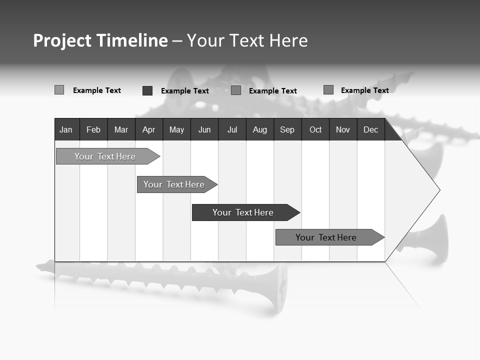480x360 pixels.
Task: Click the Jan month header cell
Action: [x=66, y=130]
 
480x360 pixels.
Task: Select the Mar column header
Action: [x=121, y=130]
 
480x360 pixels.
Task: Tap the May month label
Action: [x=176, y=130]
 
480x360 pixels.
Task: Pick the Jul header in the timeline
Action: [x=232, y=130]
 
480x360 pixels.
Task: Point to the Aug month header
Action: [x=259, y=130]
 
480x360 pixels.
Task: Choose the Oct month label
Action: [x=315, y=130]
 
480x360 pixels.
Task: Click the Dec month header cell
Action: [x=370, y=130]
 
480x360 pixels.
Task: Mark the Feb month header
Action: [x=93, y=130]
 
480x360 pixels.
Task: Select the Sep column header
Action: [x=287, y=130]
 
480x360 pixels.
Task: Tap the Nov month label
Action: [x=343, y=130]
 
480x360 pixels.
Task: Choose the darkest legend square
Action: [x=147, y=90]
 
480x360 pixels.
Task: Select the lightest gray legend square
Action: [x=59, y=90]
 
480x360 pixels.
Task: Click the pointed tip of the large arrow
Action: [x=439, y=190]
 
